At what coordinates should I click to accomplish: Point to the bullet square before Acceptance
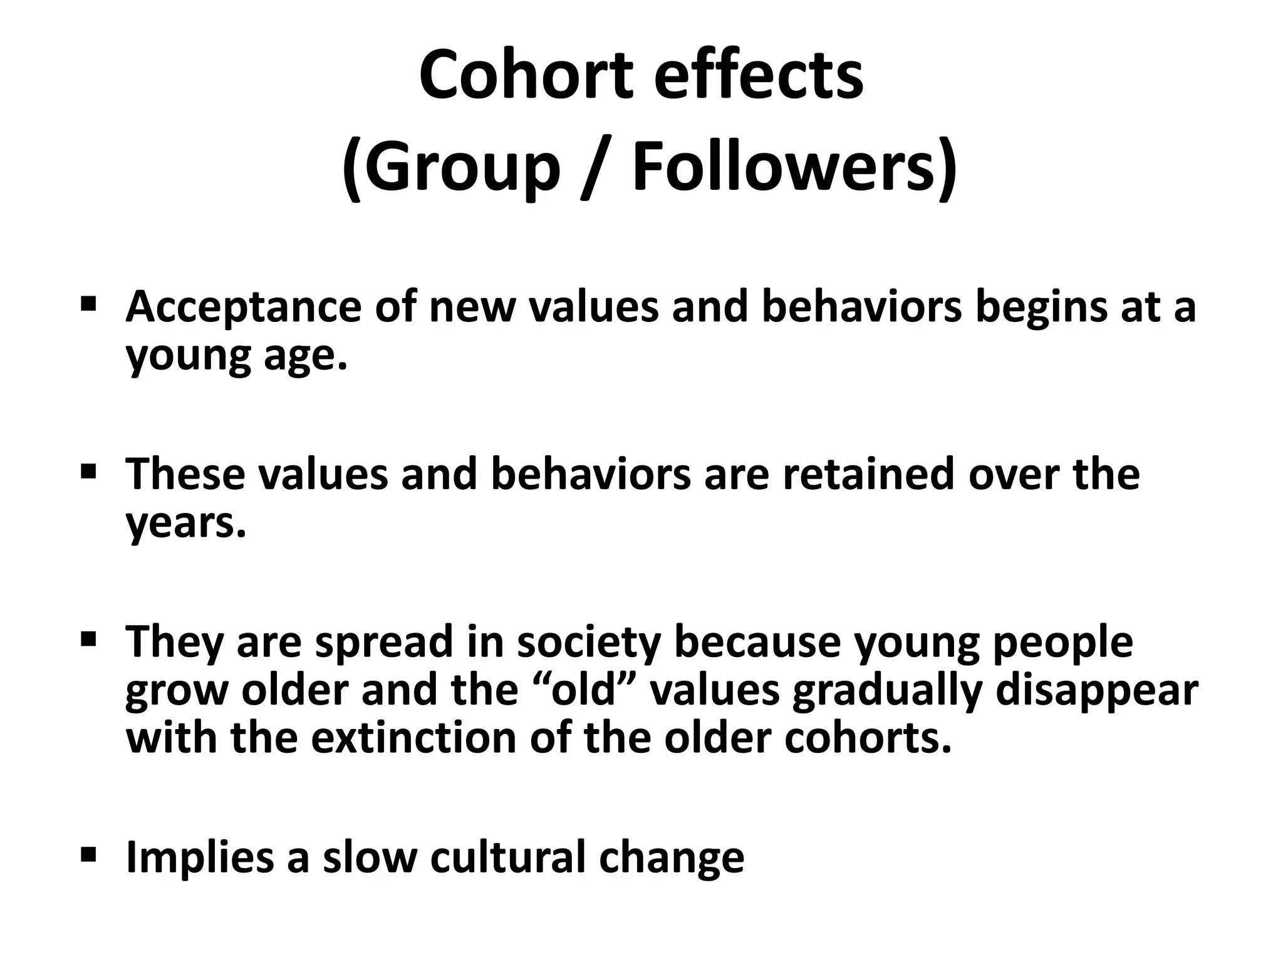[88, 305]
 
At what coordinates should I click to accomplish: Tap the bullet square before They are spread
[88, 639]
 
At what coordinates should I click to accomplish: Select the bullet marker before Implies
[88, 853]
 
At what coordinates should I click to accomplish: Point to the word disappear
[1096, 690]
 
